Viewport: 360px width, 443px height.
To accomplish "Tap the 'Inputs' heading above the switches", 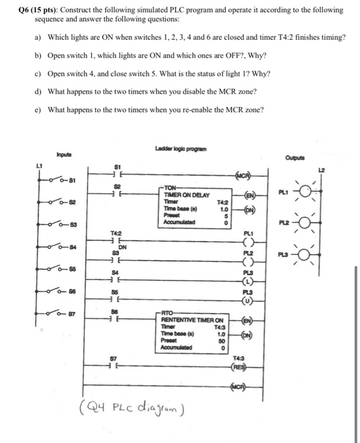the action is click(x=65, y=153).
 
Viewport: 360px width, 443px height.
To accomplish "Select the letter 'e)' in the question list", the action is click(x=38, y=109).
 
